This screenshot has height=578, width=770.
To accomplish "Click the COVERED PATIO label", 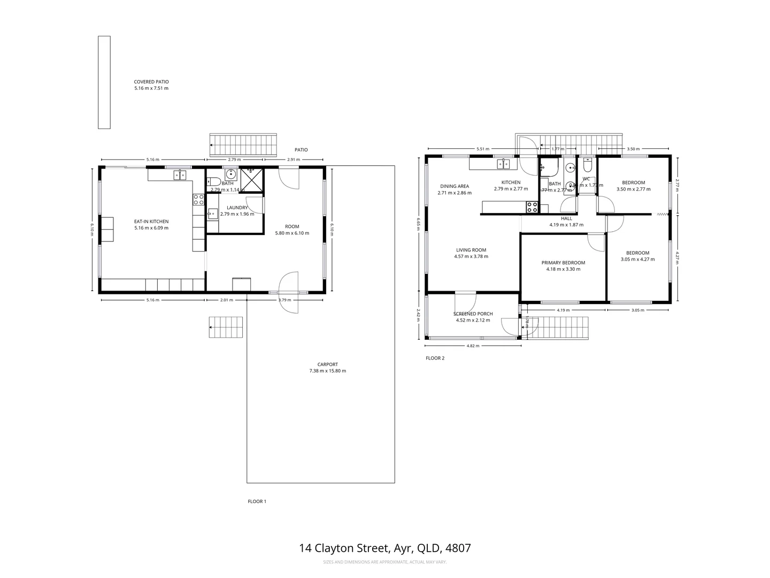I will pyautogui.click(x=151, y=82).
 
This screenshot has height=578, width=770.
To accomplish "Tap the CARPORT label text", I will pyautogui.click(x=327, y=364).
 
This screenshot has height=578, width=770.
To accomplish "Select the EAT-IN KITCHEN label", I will pyautogui.click(x=151, y=222).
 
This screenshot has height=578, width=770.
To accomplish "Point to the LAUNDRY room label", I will pyautogui.click(x=237, y=208).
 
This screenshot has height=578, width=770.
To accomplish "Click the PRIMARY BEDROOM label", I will pyautogui.click(x=563, y=263).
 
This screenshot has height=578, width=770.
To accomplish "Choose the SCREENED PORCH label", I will pyautogui.click(x=473, y=314).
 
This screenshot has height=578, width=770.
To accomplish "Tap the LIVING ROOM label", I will pyautogui.click(x=471, y=250).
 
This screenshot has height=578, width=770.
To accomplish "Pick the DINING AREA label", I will pyautogui.click(x=455, y=186).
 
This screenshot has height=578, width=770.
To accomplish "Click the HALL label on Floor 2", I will pyautogui.click(x=566, y=218).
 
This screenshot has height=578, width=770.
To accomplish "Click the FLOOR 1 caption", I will pyautogui.click(x=257, y=501).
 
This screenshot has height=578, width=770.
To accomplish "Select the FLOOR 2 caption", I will pyautogui.click(x=435, y=358).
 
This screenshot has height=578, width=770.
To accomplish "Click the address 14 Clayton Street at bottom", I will pyautogui.click(x=385, y=548).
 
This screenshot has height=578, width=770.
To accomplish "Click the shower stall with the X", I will pyautogui.click(x=251, y=179).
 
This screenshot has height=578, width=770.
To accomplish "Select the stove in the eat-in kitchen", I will pyautogui.click(x=198, y=200).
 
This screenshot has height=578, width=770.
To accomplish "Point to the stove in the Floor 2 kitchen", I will pyautogui.click(x=532, y=207).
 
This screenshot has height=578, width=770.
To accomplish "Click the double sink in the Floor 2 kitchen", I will pyautogui.click(x=503, y=164).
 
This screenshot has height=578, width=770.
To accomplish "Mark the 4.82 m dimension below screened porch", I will pyautogui.click(x=473, y=346).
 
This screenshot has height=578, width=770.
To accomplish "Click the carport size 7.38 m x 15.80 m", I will pyautogui.click(x=327, y=371).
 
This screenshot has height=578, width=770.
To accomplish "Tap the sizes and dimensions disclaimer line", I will pyautogui.click(x=385, y=562).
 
